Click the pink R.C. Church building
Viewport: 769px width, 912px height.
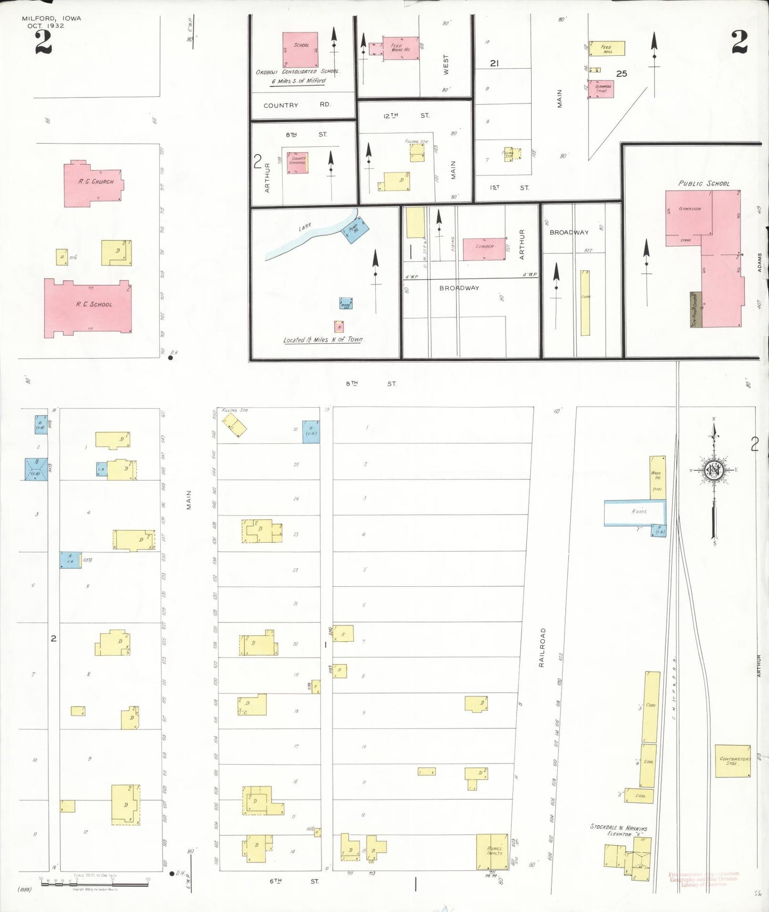tap(93, 184)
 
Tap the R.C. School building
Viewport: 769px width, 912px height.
tap(88, 308)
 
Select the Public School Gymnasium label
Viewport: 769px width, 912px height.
tap(690, 209)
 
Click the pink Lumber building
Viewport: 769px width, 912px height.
tap(484, 248)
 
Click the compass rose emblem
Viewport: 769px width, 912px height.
tap(713, 470)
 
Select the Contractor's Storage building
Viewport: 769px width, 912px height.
tap(733, 761)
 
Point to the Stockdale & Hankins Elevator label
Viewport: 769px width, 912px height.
tap(619, 830)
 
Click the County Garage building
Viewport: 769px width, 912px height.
tap(297, 162)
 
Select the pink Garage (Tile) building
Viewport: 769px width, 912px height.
tap(603, 89)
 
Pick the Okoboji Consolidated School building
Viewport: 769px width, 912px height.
tap(300, 49)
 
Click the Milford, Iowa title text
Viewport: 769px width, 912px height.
tap(52, 18)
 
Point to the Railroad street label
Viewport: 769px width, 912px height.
tap(542, 647)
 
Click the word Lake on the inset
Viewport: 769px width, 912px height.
tap(304, 227)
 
